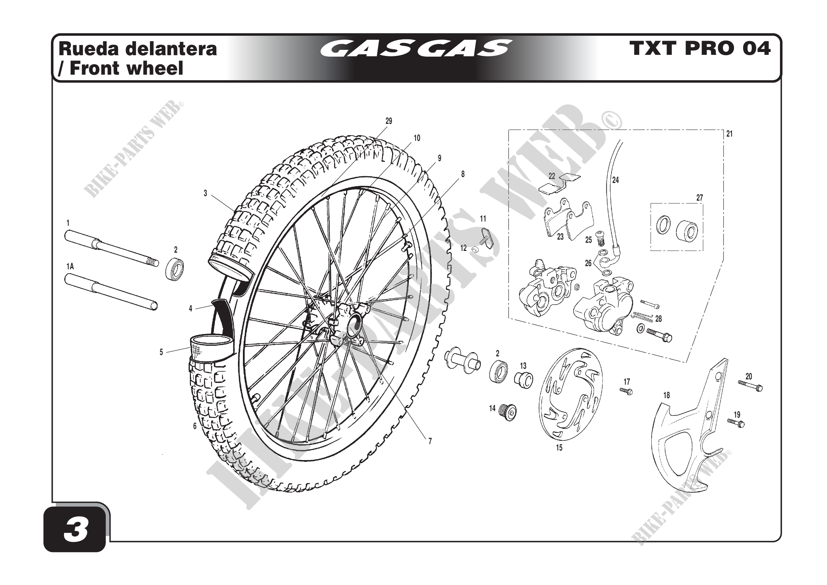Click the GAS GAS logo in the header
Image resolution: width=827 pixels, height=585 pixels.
pos(416,48)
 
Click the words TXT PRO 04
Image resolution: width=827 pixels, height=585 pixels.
pos(699,48)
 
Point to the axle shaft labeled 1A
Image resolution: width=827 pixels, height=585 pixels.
pos(111,292)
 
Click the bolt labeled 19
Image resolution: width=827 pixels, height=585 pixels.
pos(736,423)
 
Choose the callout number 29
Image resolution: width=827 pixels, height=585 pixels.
pos(389,121)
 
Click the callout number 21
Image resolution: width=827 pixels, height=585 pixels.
pos(729,134)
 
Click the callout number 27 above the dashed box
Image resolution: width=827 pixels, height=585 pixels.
pos(699,198)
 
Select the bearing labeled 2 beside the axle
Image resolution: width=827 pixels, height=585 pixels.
pos(175,269)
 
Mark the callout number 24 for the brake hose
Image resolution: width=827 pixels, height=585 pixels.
pos(616,180)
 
